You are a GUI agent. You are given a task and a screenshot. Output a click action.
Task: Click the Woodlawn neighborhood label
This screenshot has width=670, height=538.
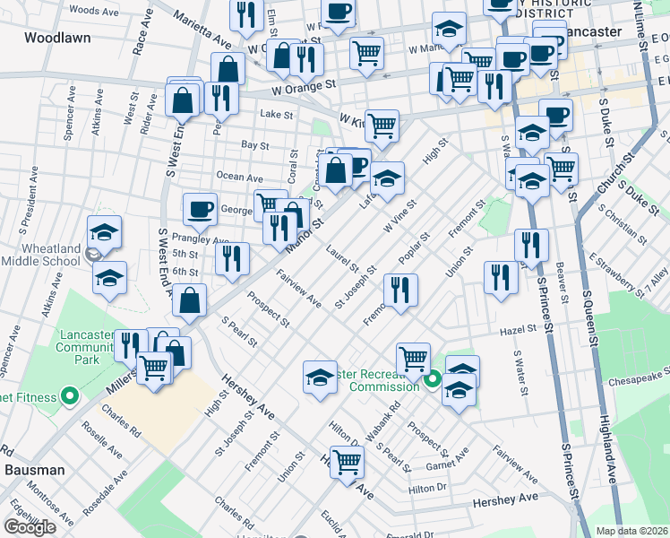tap(54, 38)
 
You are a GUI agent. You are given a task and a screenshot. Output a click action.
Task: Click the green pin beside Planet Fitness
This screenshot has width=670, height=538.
tap(68, 396)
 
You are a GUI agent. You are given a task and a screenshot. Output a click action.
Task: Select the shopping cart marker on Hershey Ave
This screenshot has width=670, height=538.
tap(347, 463)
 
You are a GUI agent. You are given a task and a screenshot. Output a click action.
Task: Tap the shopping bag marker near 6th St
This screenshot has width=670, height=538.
tap(190, 301)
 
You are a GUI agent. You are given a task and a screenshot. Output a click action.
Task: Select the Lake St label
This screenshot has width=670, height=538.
tap(277, 115)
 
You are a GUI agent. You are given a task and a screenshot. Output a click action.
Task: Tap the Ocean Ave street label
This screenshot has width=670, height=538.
tap(242, 178)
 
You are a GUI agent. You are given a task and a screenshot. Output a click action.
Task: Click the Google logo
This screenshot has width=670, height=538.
tap(30, 526)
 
